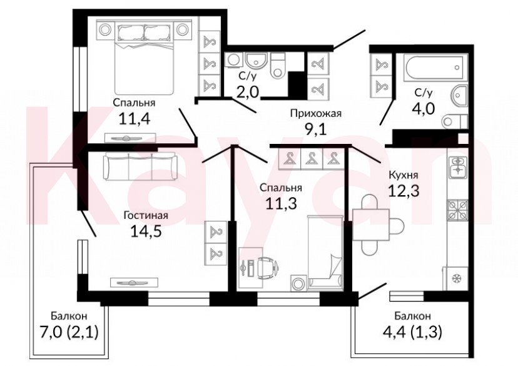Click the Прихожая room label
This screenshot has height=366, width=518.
click(315, 113)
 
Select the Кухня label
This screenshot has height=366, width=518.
click(404, 176)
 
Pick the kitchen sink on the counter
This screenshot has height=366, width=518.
click(457, 165)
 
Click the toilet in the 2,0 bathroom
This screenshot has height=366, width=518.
click(278, 66)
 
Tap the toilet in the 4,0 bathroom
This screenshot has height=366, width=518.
click(452, 121)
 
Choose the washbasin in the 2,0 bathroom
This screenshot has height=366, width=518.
click(255, 62)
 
